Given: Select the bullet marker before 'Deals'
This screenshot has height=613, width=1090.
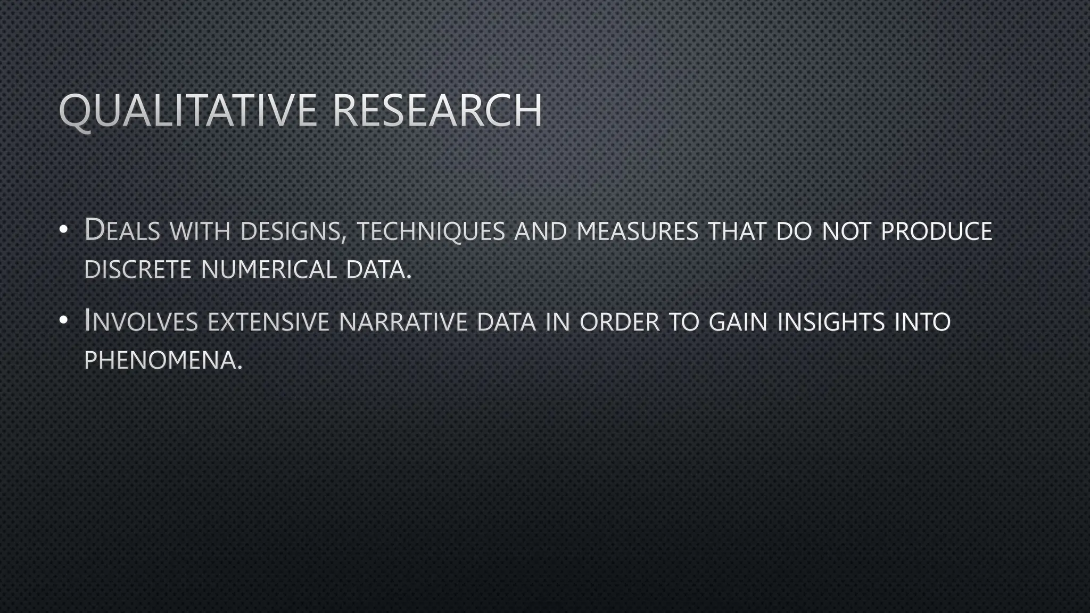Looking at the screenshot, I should pyautogui.click(x=64, y=230).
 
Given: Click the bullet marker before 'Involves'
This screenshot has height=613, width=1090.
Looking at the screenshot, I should pyautogui.click(x=64, y=320).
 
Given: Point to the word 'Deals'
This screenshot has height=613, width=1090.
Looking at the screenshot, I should pyautogui.click(x=122, y=230).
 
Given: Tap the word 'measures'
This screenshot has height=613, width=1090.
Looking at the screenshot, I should pyautogui.click(x=637, y=231).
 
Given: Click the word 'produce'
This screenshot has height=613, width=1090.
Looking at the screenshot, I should pyautogui.click(x=937, y=231).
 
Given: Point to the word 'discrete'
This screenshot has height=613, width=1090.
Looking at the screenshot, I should pyautogui.click(x=137, y=269).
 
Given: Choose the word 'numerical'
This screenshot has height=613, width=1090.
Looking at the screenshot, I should pyautogui.click(x=269, y=269).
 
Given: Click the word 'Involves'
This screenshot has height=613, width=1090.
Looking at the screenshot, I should pyautogui.click(x=141, y=321).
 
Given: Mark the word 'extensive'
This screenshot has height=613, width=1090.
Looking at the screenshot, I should pyautogui.click(x=268, y=322).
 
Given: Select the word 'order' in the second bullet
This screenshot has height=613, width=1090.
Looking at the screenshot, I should pyautogui.click(x=620, y=322).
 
